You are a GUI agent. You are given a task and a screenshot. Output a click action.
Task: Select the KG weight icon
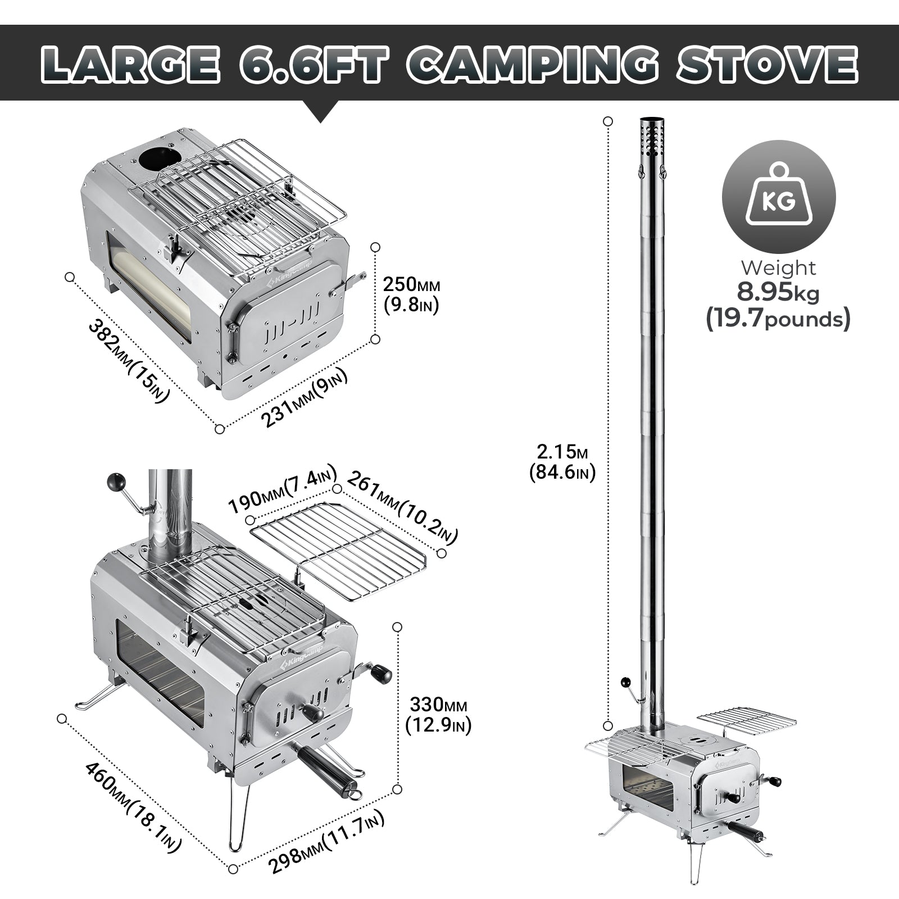(x=779, y=197)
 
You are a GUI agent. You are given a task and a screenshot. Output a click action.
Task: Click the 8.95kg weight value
(x=778, y=293)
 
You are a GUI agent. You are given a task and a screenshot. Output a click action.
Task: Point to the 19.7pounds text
(x=778, y=320)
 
